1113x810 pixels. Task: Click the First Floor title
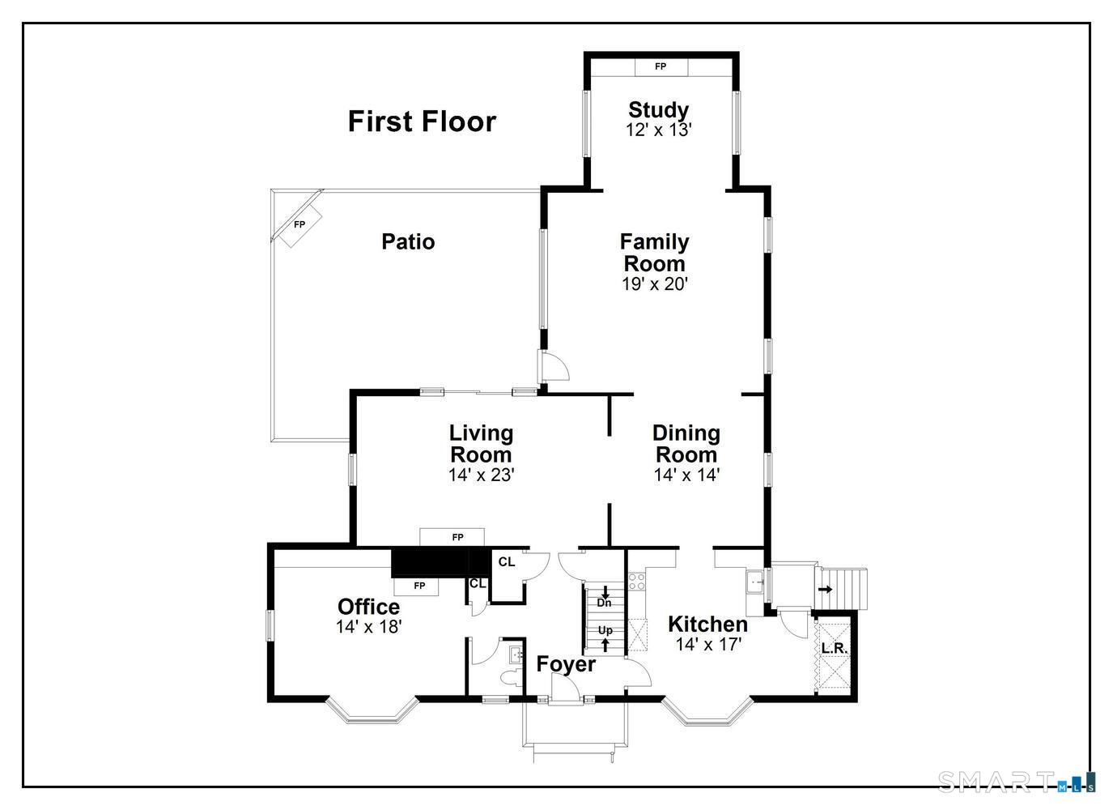422,122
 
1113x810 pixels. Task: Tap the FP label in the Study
661,66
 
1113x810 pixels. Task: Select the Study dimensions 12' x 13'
659,130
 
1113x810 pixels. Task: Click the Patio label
408,241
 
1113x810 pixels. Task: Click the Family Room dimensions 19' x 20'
655,284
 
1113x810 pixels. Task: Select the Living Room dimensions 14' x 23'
481,475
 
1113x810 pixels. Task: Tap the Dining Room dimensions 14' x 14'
686,475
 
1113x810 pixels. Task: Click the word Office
368,607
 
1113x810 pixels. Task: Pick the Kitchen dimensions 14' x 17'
708,645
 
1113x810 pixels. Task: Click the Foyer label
566,664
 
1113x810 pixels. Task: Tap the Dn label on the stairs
604,603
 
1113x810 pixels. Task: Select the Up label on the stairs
605,630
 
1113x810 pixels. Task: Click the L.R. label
835,648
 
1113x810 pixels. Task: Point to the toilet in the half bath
510,677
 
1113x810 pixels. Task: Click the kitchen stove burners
637,582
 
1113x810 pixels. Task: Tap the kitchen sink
756,581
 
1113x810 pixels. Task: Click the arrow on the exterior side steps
826,590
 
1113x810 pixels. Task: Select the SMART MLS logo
1017,781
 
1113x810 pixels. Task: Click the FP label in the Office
419,586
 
